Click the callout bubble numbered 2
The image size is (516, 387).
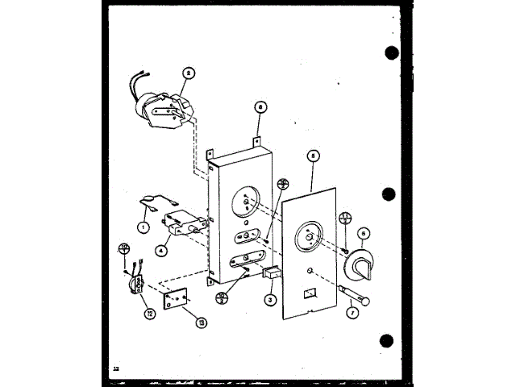click(x=188, y=72)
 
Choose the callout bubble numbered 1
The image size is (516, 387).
click(x=142, y=227)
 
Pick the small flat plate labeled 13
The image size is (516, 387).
click(x=174, y=300)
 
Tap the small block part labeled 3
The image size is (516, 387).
click(x=273, y=275)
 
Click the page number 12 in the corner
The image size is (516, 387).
click(x=116, y=367)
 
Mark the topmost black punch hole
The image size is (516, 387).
click(x=393, y=53)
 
